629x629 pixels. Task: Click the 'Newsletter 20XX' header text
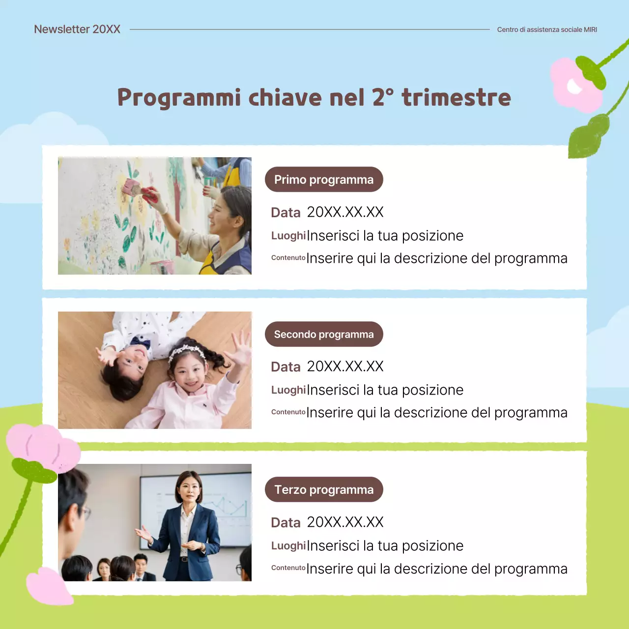pyautogui.click(x=77, y=29)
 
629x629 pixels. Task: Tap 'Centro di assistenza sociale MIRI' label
pyautogui.click(x=547, y=29)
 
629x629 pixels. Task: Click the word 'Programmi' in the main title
pyautogui.click(x=179, y=98)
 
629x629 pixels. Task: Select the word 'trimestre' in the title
pyautogui.click(x=457, y=97)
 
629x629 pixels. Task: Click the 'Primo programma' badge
pyautogui.click(x=324, y=180)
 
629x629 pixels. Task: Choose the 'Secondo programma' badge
pyautogui.click(x=324, y=335)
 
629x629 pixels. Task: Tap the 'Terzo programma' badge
pyautogui.click(x=324, y=490)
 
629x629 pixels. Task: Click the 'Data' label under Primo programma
pyautogui.click(x=286, y=213)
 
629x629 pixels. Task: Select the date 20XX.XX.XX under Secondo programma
pyautogui.click(x=345, y=367)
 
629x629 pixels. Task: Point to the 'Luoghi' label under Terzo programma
pyautogui.click(x=288, y=546)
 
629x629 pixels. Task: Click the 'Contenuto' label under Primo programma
pyautogui.click(x=288, y=257)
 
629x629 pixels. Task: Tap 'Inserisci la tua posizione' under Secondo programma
pyautogui.click(x=385, y=390)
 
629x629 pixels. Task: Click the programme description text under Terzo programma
pyautogui.click(x=437, y=569)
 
